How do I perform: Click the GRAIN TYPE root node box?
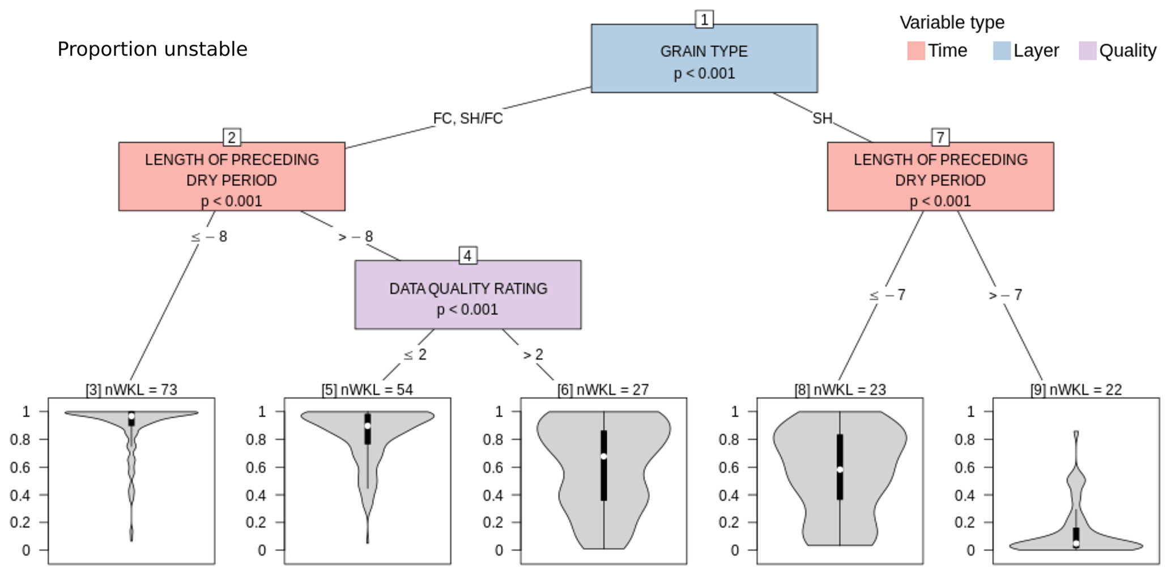704,58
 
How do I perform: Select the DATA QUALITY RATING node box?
467,295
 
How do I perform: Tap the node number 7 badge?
940,137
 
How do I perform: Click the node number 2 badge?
231,137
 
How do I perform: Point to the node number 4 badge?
467,256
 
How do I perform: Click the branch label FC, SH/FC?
467,118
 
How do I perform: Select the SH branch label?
822,118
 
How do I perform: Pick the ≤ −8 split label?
209,236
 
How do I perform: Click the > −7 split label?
1005,295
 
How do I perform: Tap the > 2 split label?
533,355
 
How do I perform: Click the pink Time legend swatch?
915,50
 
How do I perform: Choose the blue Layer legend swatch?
1002,50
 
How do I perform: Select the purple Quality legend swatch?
1087,50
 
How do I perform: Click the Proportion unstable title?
152,49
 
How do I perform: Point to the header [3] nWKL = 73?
131,389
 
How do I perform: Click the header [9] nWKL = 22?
1076,389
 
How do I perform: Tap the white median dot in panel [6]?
604,456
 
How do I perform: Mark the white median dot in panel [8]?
840,469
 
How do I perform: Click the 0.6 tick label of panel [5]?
256,467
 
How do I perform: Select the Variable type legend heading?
952,23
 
